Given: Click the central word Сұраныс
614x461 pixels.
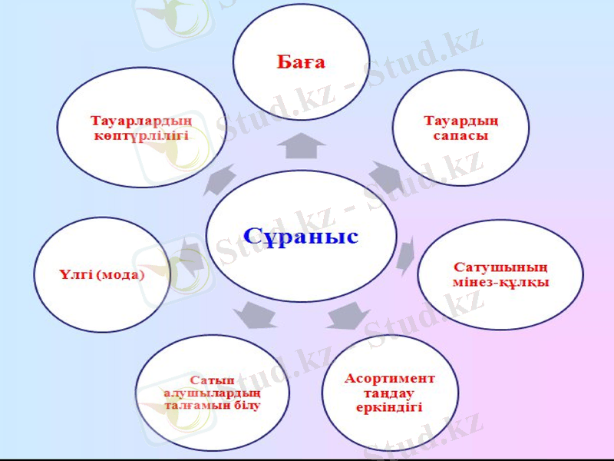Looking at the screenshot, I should (x=301, y=236).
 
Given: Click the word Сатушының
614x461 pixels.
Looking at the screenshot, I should (x=500, y=268).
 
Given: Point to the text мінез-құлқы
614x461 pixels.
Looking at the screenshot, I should (x=500, y=282).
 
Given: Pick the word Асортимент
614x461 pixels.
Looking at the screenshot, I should (x=389, y=379).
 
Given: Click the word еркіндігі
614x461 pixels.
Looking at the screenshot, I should (x=389, y=407).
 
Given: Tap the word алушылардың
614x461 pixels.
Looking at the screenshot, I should (x=212, y=393).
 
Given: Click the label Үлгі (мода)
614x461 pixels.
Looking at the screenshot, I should (x=101, y=274).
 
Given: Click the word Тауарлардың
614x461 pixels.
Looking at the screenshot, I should (x=140, y=121).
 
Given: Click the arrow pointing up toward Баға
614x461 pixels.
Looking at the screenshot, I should (x=301, y=145).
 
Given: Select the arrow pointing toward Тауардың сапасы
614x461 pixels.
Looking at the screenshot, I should (x=385, y=177).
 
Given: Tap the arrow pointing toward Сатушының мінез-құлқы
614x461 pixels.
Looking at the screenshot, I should (x=406, y=254).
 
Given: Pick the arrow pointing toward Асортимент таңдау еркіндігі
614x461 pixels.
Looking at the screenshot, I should (x=349, y=315).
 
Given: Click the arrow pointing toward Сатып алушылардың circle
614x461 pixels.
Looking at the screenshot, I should (x=255, y=313).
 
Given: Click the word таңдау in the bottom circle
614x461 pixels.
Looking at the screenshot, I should (x=389, y=393).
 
